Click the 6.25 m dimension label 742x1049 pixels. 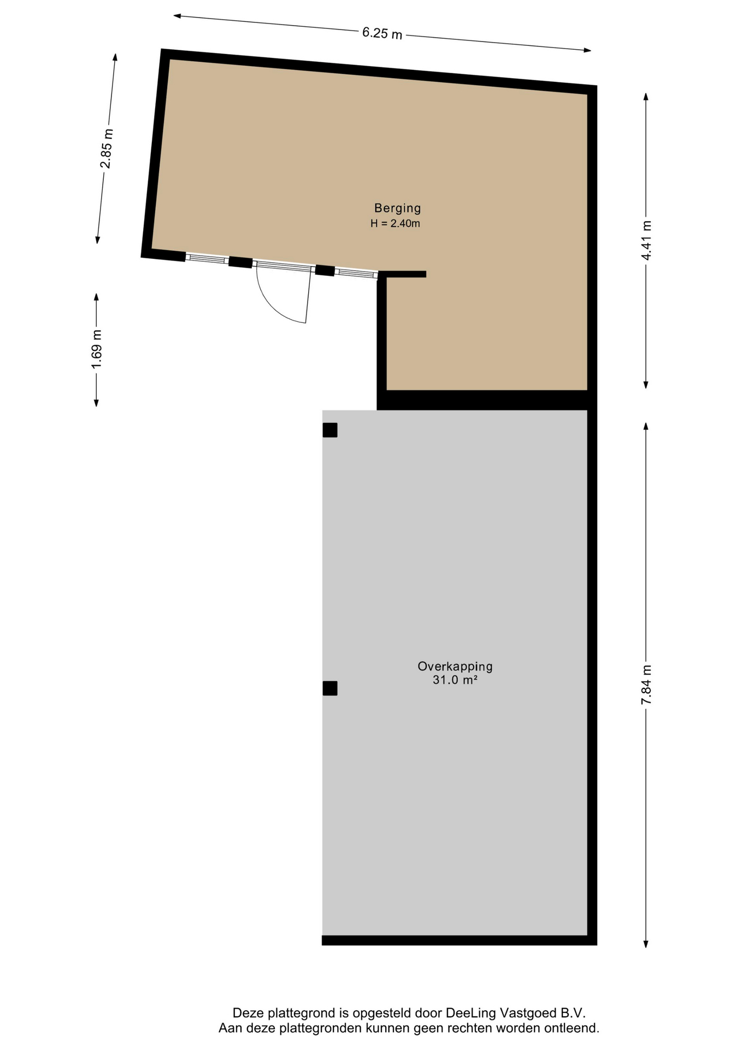pyautogui.click(x=382, y=33)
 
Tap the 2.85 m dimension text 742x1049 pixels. pyautogui.click(x=107, y=148)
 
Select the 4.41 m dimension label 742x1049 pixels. pyautogui.click(x=646, y=240)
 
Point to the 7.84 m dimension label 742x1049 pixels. pyautogui.click(x=646, y=685)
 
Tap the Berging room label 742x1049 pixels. pyautogui.click(x=397, y=208)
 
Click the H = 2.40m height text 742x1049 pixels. pyautogui.click(x=395, y=223)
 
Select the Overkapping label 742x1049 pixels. pyautogui.click(x=455, y=667)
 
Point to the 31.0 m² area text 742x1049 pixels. pyautogui.click(x=455, y=680)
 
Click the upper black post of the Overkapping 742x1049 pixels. pyautogui.click(x=329, y=430)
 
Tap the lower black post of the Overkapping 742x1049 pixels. pyautogui.click(x=329, y=688)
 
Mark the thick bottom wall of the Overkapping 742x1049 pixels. pyautogui.click(x=459, y=940)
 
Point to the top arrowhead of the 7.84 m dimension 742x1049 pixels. pyautogui.click(x=646, y=426)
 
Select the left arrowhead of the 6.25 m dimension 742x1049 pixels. pyautogui.click(x=178, y=16)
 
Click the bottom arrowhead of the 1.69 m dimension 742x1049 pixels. pyautogui.click(x=97, y=403)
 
